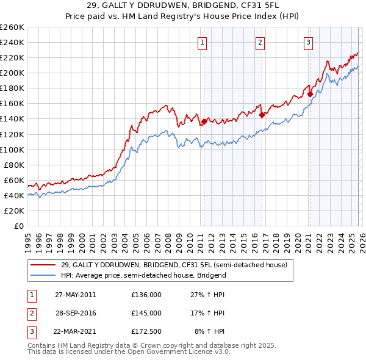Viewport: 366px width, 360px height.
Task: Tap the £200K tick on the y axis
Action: pyautogui.click(x=12, y=73)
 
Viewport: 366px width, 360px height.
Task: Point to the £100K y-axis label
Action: pyautogui.click(x=12, y=149)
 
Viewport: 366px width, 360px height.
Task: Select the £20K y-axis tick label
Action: pyautogui.click(x=14, y=211)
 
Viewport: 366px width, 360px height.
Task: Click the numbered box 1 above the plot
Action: pyautogui.click(x=202, y=42)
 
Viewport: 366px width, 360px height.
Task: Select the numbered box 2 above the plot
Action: pyautogui.click(x=260, y=42)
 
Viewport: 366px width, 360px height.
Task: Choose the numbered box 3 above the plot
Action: pyautogui.click(x=308, y=42)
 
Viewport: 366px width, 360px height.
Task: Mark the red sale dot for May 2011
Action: pyautogui.click(x=204, y=121)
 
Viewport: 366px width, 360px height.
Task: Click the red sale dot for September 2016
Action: pyautogui.click(x=262, y=115)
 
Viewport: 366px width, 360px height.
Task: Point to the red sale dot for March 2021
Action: pyautogui.click(x=310, y=94)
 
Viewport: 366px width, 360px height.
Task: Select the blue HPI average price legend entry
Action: pyautogui.click(x=143, y=275)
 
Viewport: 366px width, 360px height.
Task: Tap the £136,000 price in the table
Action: pyautogui.click(x=146, y=295)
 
